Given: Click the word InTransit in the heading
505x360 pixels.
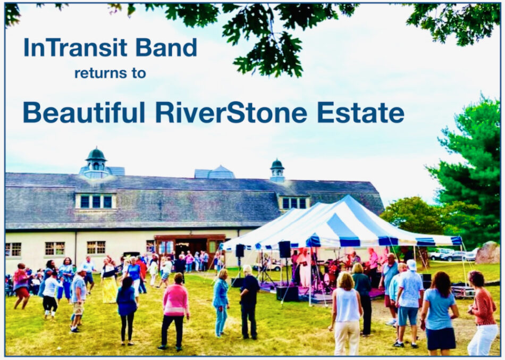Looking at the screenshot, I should (x=76, y=48).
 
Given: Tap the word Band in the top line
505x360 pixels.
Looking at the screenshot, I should (x=166, y=48).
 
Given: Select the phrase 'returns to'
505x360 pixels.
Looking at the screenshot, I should (x=110, y=73).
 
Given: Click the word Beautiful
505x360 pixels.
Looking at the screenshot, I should (x=84, y=113).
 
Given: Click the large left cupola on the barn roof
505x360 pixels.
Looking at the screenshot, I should (x=96, y=163).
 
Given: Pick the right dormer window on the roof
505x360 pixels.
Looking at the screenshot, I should (x=294, y=203).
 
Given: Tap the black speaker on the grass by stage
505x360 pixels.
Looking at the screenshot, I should (x=288, y=293).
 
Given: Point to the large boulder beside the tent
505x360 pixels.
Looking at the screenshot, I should (x=487, y=253).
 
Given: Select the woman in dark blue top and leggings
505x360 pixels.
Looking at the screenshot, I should (x=127, y=308).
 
